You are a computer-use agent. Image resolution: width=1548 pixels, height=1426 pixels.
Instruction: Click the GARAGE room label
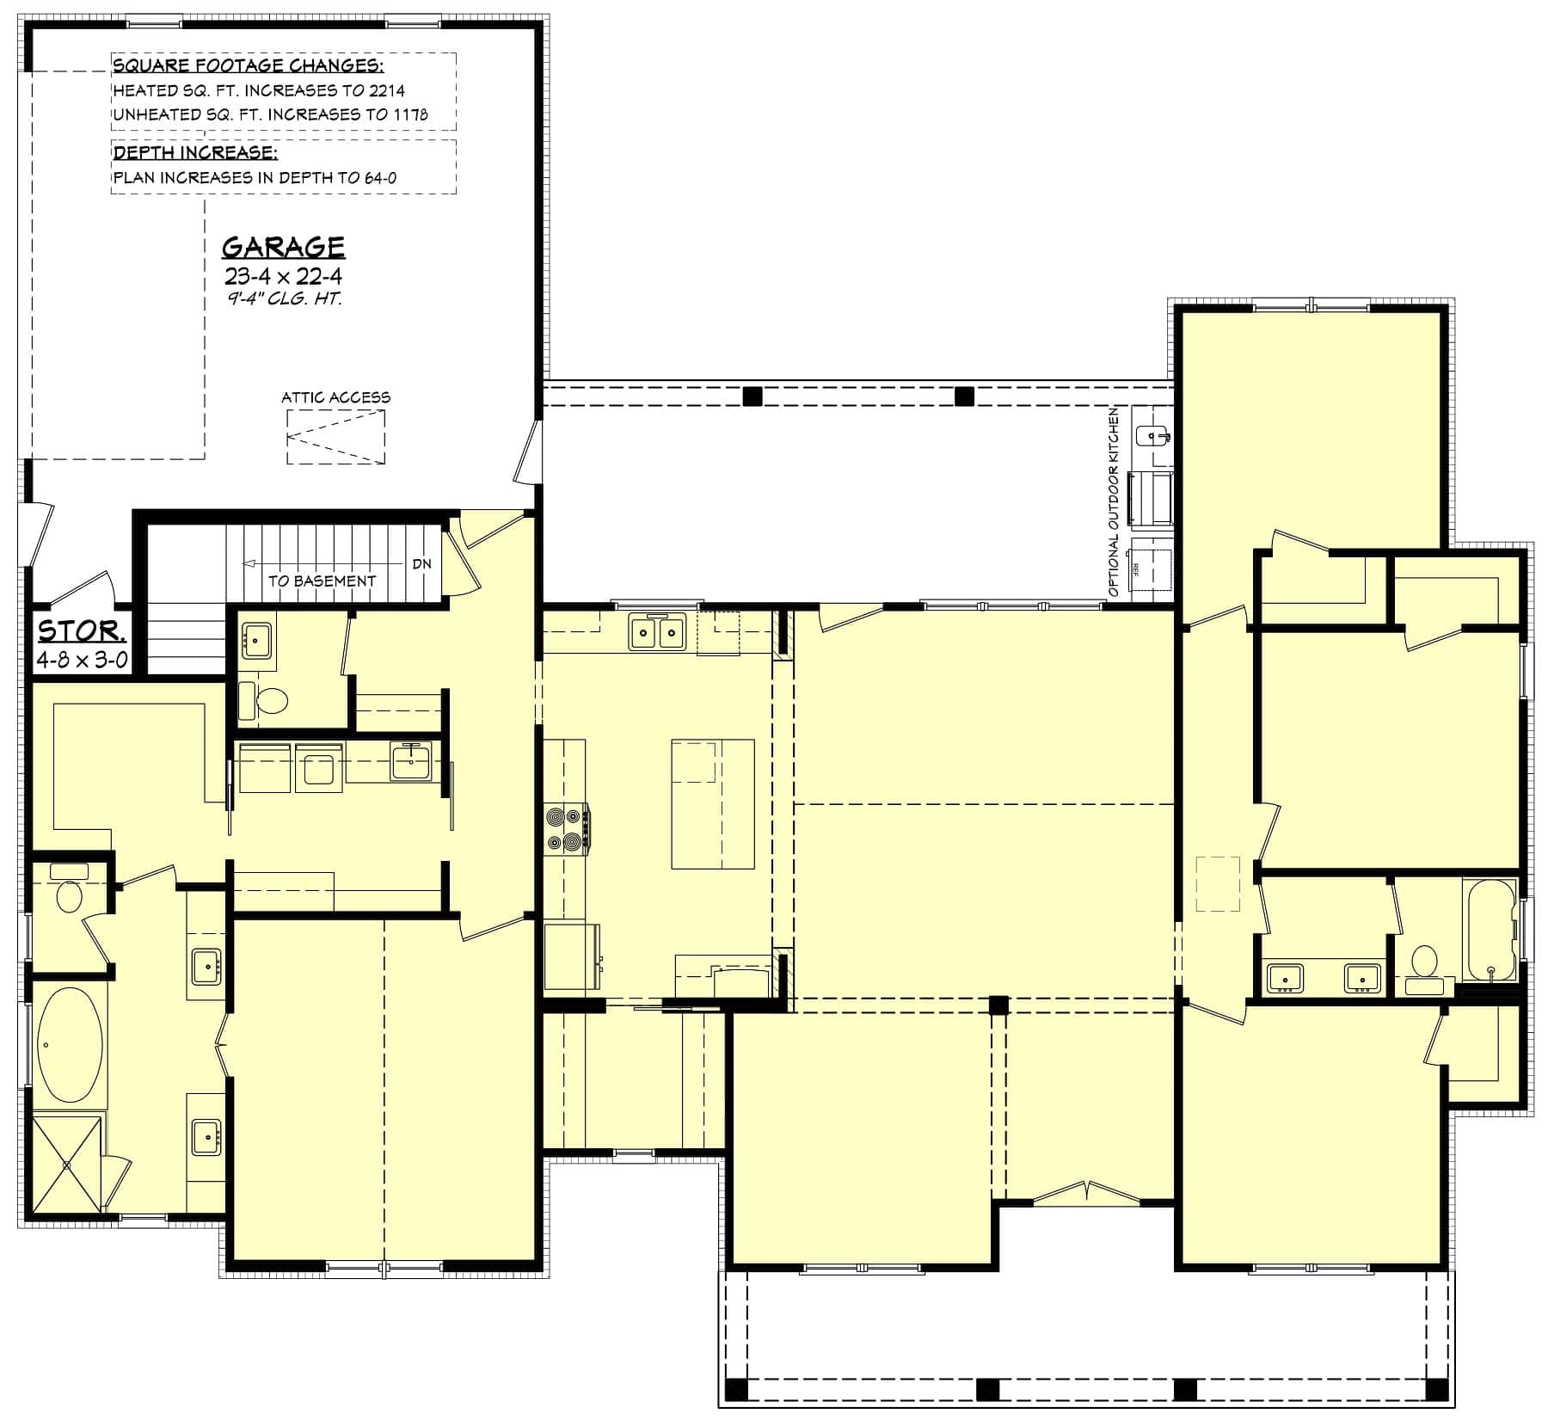tap(283, 247)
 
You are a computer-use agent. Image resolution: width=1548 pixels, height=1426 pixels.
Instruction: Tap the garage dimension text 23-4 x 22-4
tap(283, 276)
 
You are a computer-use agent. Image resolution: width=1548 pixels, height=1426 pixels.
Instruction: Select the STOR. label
tap(82, 630)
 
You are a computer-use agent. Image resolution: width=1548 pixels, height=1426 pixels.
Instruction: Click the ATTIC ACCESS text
tap(335, 397)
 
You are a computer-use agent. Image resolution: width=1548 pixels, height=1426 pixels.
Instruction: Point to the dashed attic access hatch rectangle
tap(335, 437)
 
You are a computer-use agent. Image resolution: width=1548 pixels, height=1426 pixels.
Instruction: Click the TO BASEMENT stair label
tap(322, 581)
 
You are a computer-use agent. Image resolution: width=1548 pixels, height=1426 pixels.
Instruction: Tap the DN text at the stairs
tap(421, 564)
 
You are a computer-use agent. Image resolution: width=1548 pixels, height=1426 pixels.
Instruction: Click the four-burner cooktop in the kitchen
tap(567, 828)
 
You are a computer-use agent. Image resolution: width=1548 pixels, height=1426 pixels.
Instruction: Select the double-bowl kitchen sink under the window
tap(657, 633)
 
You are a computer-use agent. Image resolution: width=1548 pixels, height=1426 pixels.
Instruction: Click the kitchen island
tap(712, 803)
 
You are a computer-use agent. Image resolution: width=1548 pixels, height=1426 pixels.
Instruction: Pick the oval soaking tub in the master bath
tap(70, 1046)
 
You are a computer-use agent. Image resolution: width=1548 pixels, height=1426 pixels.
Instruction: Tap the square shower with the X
tap(67, 1164)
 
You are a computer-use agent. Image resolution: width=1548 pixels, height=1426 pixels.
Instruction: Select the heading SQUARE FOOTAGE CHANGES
tap(249, 66)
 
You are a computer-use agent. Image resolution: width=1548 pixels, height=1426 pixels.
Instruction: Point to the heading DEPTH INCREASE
tap(195, 153)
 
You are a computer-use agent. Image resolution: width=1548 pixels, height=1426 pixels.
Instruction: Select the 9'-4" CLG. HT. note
tap(285, 299)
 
